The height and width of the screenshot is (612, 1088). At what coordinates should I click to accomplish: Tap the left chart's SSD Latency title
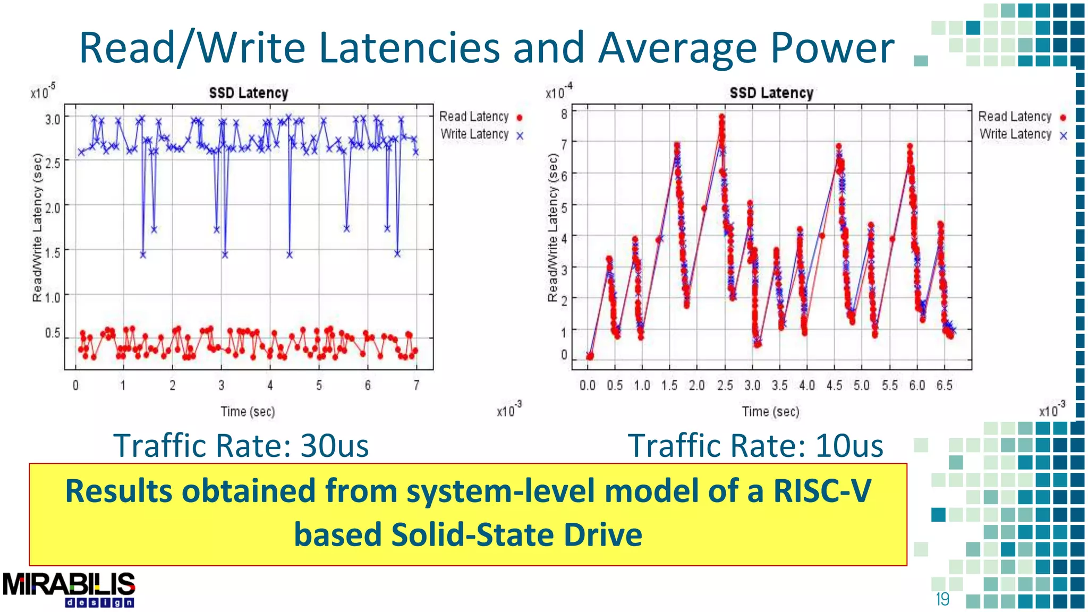(x=248, y=93)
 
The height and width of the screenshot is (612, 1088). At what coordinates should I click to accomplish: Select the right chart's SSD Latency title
(x=771, y=93)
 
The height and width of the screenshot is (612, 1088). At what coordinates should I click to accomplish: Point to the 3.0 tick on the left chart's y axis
(x=53, y=119)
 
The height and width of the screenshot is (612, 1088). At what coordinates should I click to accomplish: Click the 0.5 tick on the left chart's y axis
(x=53, y=333)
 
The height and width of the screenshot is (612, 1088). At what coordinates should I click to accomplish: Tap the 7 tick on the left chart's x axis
(x=416, y=385)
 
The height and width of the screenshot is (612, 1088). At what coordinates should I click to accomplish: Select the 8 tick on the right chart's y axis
(x=564, y=114)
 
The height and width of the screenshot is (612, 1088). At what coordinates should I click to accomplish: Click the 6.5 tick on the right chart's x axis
(x=944, y=385)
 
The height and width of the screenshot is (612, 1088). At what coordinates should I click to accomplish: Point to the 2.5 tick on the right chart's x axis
(x=725, y=385)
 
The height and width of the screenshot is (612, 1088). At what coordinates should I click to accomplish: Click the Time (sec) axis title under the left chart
(x=248, y=412)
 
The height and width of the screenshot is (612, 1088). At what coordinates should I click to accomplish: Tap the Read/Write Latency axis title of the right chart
(x=553, y=228)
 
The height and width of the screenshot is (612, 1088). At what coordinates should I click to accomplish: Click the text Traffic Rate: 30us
(x=241, y=445)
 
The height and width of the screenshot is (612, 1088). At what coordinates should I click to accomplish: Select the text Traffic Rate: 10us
(x=755, y=445)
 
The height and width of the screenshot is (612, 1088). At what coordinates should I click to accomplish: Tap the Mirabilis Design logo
(x=69, y=589)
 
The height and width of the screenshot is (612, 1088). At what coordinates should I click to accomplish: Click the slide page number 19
(x=942, y=599)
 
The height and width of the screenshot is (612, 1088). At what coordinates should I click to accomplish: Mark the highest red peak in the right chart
(x=721, y=117)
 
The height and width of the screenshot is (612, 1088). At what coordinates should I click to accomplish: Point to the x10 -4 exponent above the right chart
(x=559, y=91)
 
